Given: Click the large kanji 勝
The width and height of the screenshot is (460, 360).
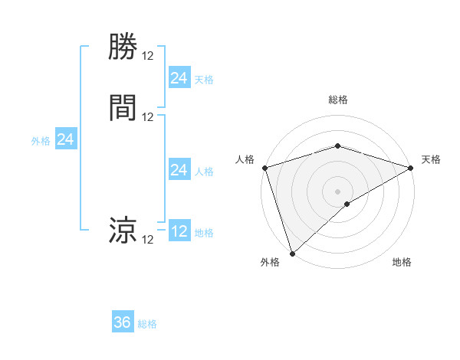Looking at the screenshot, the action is coord(123,47).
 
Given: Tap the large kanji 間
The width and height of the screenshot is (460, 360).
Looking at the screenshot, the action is coord(123,107).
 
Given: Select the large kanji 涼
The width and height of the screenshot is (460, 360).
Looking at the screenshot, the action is coord(123,230).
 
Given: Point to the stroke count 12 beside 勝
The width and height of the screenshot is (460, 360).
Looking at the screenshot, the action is coord(148,55).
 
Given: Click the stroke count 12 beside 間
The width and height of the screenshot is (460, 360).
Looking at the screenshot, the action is coord(148,116).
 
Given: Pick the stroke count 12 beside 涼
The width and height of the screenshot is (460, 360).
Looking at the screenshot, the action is coord(148,239).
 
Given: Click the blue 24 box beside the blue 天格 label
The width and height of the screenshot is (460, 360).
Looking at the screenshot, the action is coord(179,78).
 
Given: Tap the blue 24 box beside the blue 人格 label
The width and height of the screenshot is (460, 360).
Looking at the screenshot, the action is coord(179,170).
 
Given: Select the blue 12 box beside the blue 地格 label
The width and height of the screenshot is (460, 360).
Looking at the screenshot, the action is coord(179,231).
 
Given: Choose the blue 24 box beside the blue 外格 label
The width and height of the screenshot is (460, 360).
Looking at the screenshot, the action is coord(66,139).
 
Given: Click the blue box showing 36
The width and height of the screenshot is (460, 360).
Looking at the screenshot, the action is coord(123,322).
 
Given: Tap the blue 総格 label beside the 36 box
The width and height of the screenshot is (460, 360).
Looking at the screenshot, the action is coord(147,324).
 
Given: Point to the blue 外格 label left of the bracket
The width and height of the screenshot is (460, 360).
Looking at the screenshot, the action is coord(41,141).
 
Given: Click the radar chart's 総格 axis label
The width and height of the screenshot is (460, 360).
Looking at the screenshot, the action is coord(337,100).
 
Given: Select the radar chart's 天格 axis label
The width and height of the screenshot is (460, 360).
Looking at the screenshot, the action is coord(431,159).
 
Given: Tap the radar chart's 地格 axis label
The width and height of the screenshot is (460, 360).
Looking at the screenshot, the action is coord(402,262).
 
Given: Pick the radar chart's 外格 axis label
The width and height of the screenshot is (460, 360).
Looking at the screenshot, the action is coord(270,262).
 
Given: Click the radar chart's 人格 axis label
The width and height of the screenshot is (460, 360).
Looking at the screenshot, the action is coord(245,159).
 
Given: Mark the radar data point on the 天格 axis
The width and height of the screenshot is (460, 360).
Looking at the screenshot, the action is coord(412,168).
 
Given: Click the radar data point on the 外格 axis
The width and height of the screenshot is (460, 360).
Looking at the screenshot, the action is coord(292,254).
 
